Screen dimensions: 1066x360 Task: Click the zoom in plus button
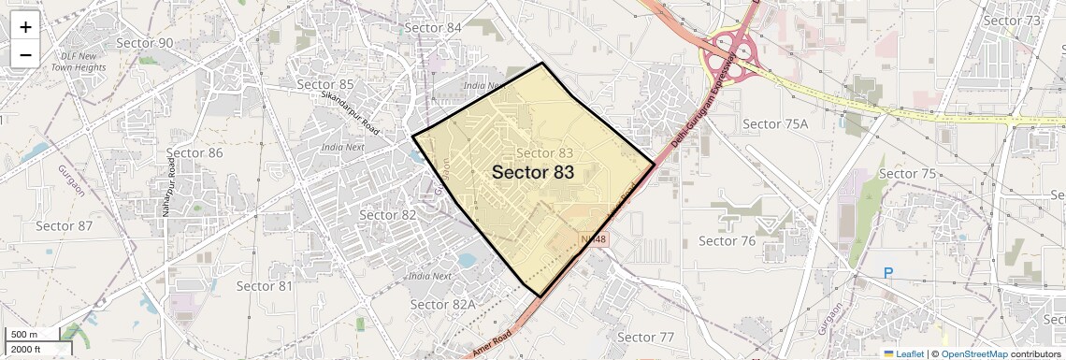tap(25, 26)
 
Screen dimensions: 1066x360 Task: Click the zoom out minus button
tap(25, 54)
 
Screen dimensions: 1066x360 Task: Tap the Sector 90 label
tap(146, 43)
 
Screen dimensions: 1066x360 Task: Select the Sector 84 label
tap(433, 28)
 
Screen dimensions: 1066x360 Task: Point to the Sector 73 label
tap(1012, 21)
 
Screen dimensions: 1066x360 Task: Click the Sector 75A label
tap(774, 124)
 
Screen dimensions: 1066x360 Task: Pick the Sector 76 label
tap(727, 241)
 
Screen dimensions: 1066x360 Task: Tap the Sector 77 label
tap(646, 338)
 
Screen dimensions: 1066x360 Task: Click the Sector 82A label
tap(443, 305)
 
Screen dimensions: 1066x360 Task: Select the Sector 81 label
tap(265, 285)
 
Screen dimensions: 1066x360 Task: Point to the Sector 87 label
tap(65, 226)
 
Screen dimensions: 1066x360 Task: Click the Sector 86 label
tap(194, 153)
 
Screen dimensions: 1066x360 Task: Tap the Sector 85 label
tap(325, 85)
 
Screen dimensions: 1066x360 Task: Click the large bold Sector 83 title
tap(532, 173)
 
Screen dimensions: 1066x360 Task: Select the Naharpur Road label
tap(169, 188)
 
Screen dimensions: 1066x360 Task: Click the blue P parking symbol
tap(888, 274)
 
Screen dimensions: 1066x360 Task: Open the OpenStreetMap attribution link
tap(973, 354)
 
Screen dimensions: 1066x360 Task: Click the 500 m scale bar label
tap(24, 335)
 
